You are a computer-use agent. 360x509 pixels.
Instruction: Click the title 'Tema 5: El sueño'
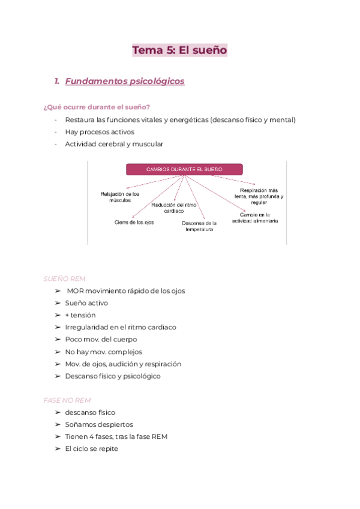point(179,50)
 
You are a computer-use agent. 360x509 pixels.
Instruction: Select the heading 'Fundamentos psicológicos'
point(124,81)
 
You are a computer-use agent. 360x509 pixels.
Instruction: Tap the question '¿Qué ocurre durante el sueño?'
point(97,107)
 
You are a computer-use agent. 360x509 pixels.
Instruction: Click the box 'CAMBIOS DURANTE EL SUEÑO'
point(184,169)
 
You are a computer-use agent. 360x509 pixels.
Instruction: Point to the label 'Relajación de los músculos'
point(120,197)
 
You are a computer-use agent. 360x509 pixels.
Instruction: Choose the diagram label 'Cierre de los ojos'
point(134,222)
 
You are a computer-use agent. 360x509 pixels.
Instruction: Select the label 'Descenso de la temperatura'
point(199,226)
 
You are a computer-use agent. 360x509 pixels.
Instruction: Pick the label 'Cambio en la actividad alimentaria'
point(259,217)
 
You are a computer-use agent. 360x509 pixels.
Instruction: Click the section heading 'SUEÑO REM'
point(64,279)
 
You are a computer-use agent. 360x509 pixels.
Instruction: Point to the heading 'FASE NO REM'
point(67,400)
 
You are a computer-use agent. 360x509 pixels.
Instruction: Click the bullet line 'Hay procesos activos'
point(100,131)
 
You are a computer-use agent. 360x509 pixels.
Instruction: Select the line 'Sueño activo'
point(86,303)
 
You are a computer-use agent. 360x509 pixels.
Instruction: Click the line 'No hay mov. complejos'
point(103,352)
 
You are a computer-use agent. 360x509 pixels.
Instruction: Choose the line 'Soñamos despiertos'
point(99,424)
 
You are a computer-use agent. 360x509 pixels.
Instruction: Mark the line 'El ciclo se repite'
point(92,448)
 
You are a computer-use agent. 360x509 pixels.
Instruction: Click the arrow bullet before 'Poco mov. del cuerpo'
point(58,340)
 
